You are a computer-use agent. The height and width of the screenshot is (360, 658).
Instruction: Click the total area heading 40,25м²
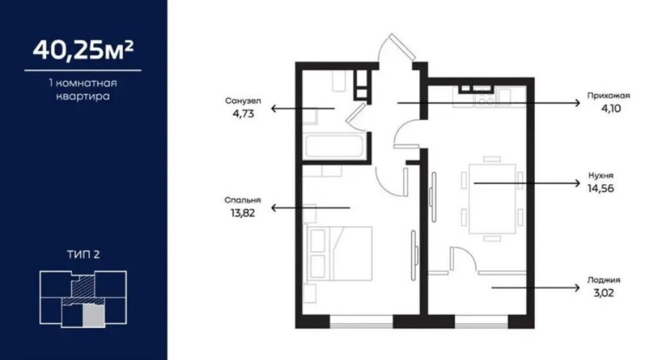coord(83,50)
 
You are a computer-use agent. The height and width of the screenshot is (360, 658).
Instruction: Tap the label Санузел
coord(243,101)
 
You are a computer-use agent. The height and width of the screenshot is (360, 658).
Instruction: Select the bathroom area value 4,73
coord(243,114)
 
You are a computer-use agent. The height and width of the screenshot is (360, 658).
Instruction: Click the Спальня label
coord(243,200)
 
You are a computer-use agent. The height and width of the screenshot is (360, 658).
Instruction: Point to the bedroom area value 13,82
coord(243,213)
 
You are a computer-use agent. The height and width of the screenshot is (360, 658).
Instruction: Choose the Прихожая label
coord(608,96)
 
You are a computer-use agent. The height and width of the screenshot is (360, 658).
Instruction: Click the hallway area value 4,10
coord(611,109)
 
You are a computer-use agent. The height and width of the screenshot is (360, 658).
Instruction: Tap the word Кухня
coord(601,176)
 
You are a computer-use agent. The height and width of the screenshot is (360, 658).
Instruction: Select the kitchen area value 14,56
coord(601,189)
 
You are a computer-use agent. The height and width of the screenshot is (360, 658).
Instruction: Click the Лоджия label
coord(604,280)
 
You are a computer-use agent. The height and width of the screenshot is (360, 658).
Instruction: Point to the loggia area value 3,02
coord(604,293)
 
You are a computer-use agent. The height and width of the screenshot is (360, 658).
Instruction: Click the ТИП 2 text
coord(84,255)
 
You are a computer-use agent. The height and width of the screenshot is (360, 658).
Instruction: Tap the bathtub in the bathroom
coord(334,146)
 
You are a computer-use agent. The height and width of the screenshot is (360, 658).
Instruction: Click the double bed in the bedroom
coord(340,253)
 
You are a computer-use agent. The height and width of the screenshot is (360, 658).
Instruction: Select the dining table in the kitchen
coord(492,199)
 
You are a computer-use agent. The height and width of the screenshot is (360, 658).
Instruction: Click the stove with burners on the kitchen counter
coord(486,98)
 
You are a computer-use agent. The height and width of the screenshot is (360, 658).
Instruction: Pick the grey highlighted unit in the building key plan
coord(93,315)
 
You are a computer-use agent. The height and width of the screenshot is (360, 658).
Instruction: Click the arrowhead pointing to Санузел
coord(274,109)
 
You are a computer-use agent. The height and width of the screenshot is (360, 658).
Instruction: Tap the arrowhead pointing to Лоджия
coord(577,287)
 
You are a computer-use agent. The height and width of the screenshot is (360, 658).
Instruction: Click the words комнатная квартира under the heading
coord(83,90)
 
